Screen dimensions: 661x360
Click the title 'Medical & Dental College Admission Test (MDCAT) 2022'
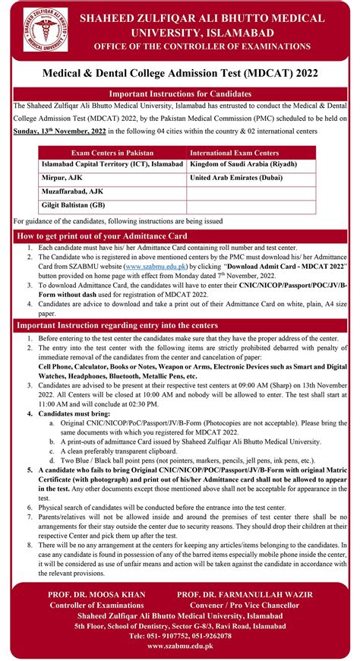[179, 72]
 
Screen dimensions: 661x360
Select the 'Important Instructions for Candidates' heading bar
[180, 93]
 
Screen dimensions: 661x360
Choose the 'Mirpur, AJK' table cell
[62, 176]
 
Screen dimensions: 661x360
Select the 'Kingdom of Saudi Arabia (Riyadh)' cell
[243, 163]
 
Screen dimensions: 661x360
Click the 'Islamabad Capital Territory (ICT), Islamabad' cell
[112, 163]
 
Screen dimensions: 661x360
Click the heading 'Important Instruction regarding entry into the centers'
[118, 325]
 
